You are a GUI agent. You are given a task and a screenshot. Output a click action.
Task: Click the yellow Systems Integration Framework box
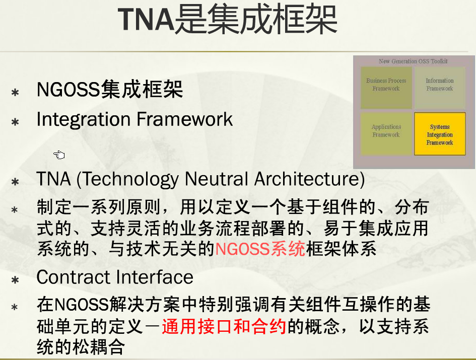tap(440, 134)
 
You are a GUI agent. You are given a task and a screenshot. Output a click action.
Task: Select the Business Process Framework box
tap(386, 88)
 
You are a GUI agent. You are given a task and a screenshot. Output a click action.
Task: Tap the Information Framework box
tap(440, 88)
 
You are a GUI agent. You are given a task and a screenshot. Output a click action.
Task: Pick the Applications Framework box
tap(386, 134)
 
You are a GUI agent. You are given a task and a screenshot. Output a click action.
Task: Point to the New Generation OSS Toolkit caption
tap(413, 61)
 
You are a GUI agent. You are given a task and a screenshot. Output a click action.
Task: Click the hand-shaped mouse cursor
tap(59, 155)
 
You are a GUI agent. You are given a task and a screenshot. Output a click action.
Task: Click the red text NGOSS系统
tap(260, 249)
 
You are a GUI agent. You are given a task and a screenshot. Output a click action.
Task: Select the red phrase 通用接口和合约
tap(224, 327)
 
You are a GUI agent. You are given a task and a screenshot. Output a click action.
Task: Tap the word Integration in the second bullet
tap(84, 119)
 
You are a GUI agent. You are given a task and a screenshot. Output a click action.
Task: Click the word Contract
tap(73, 277)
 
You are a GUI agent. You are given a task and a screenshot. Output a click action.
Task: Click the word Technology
tap(130, 179)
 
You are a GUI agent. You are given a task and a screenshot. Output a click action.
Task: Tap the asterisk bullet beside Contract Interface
tap(15, 279)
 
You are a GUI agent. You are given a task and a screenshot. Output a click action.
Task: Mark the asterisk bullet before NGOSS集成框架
tap(15, 92)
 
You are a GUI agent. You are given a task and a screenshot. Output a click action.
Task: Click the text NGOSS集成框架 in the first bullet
tap(110, 89)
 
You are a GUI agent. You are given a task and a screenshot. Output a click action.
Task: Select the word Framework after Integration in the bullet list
tap(184, 119)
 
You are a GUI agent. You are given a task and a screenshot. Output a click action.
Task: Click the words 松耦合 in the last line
tap(98, 346)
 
